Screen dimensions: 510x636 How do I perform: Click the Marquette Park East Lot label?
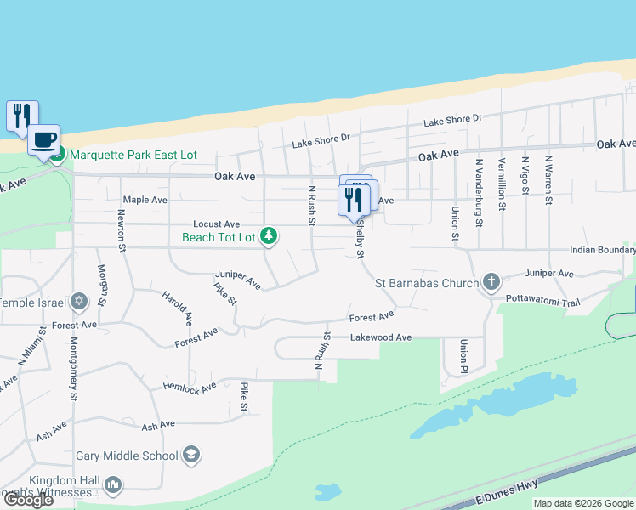[x=133, y=155]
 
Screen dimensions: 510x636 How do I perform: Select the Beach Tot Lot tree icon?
[x=269, y=235]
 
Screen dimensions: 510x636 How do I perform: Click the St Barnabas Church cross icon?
[x=491, y=282]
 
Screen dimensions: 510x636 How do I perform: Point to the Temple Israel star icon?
[x=79, y=302]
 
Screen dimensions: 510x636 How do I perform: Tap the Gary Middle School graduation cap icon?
[x=192, y=456]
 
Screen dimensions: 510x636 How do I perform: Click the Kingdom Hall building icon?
[x=112, y=484]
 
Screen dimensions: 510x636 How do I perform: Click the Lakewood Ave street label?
[x=381, y=337]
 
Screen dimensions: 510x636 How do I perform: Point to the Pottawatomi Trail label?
[x=542, y=301]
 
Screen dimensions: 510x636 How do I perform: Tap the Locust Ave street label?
[x=217, y=224]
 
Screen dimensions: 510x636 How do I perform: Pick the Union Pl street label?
[x=463, y=357]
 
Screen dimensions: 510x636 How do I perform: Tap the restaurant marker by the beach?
[x=22, y=116]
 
